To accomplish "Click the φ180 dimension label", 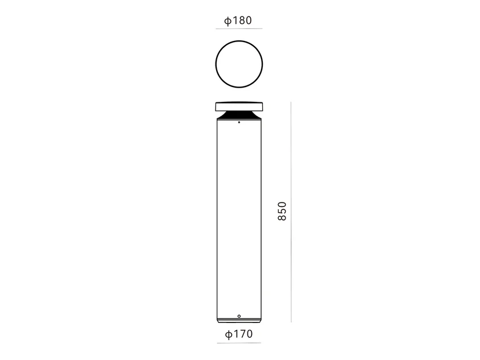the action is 238,20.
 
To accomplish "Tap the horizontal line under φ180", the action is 239,29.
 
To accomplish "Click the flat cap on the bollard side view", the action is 239,106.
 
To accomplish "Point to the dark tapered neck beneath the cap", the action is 239,115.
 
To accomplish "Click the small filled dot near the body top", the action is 239,122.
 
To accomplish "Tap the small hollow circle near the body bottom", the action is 239,316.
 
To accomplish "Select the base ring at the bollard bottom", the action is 239,321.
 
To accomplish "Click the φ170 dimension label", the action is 239,334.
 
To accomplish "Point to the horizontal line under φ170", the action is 239,343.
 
